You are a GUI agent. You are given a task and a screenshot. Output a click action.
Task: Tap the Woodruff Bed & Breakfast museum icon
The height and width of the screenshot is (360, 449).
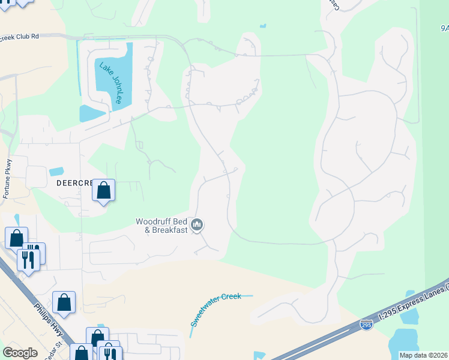[197, 226]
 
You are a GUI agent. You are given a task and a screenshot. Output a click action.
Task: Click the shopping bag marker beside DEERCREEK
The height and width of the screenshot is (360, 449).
[104, 191]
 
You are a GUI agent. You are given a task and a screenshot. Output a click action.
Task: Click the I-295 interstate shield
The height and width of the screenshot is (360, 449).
[366, 325]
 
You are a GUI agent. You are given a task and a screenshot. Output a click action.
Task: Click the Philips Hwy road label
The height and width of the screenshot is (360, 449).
[49, 318]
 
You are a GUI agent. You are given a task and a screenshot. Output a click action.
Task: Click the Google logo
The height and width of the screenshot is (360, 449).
[20, 353]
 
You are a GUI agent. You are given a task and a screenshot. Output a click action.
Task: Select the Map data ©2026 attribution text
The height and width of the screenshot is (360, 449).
[424, 355]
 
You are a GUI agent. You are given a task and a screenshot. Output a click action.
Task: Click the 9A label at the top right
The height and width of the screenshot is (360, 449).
[444, 28]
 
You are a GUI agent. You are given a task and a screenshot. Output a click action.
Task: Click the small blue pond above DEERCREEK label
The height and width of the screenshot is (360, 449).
[56, 172]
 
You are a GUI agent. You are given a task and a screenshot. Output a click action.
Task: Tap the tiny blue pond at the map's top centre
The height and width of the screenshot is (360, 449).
[262, 26]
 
